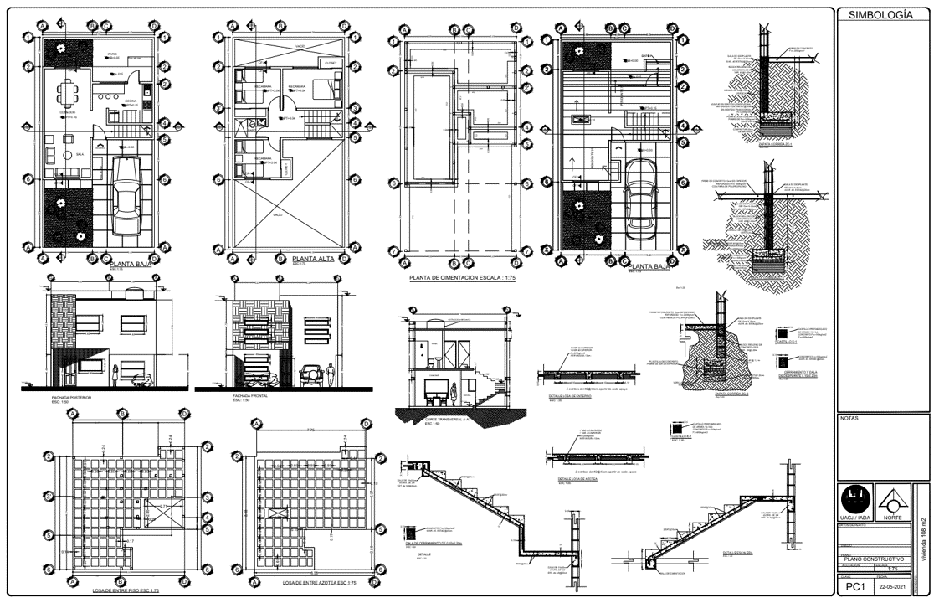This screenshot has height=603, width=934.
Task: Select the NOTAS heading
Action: pos(849,417)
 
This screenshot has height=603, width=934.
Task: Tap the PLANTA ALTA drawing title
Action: pos(312,259)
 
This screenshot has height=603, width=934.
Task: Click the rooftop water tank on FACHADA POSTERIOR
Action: pos(132,293)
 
